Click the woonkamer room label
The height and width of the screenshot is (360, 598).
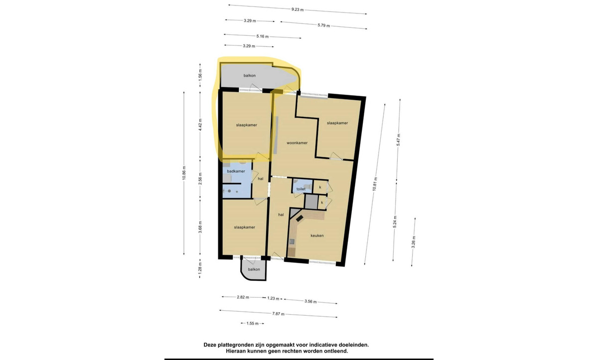point(297,143)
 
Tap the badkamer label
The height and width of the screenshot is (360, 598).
point(236,171)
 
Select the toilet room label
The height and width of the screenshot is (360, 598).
point(301,189)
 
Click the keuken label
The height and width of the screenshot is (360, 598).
point(317,236)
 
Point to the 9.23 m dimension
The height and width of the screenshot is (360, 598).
point(298,9)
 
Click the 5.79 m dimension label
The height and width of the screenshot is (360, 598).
point(323,25)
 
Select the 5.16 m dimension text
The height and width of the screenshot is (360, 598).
point(263,36)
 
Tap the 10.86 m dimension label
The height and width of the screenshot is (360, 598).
point(184,173)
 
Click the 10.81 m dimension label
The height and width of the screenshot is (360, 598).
point(375,184)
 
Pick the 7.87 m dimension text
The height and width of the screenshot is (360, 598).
point(278,314)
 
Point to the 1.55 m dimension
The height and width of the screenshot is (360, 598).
point(252,324)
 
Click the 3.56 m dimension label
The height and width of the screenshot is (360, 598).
point(310,302)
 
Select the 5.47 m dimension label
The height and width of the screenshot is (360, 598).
point(398,139)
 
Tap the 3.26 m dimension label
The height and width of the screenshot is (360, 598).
point(413,242)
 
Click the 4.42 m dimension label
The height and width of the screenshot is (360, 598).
point(200,124)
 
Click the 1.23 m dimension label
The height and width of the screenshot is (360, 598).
point(273,298)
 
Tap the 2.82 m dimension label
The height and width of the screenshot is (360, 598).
point(243,297)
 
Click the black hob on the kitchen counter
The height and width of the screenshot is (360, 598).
point(299,219)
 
